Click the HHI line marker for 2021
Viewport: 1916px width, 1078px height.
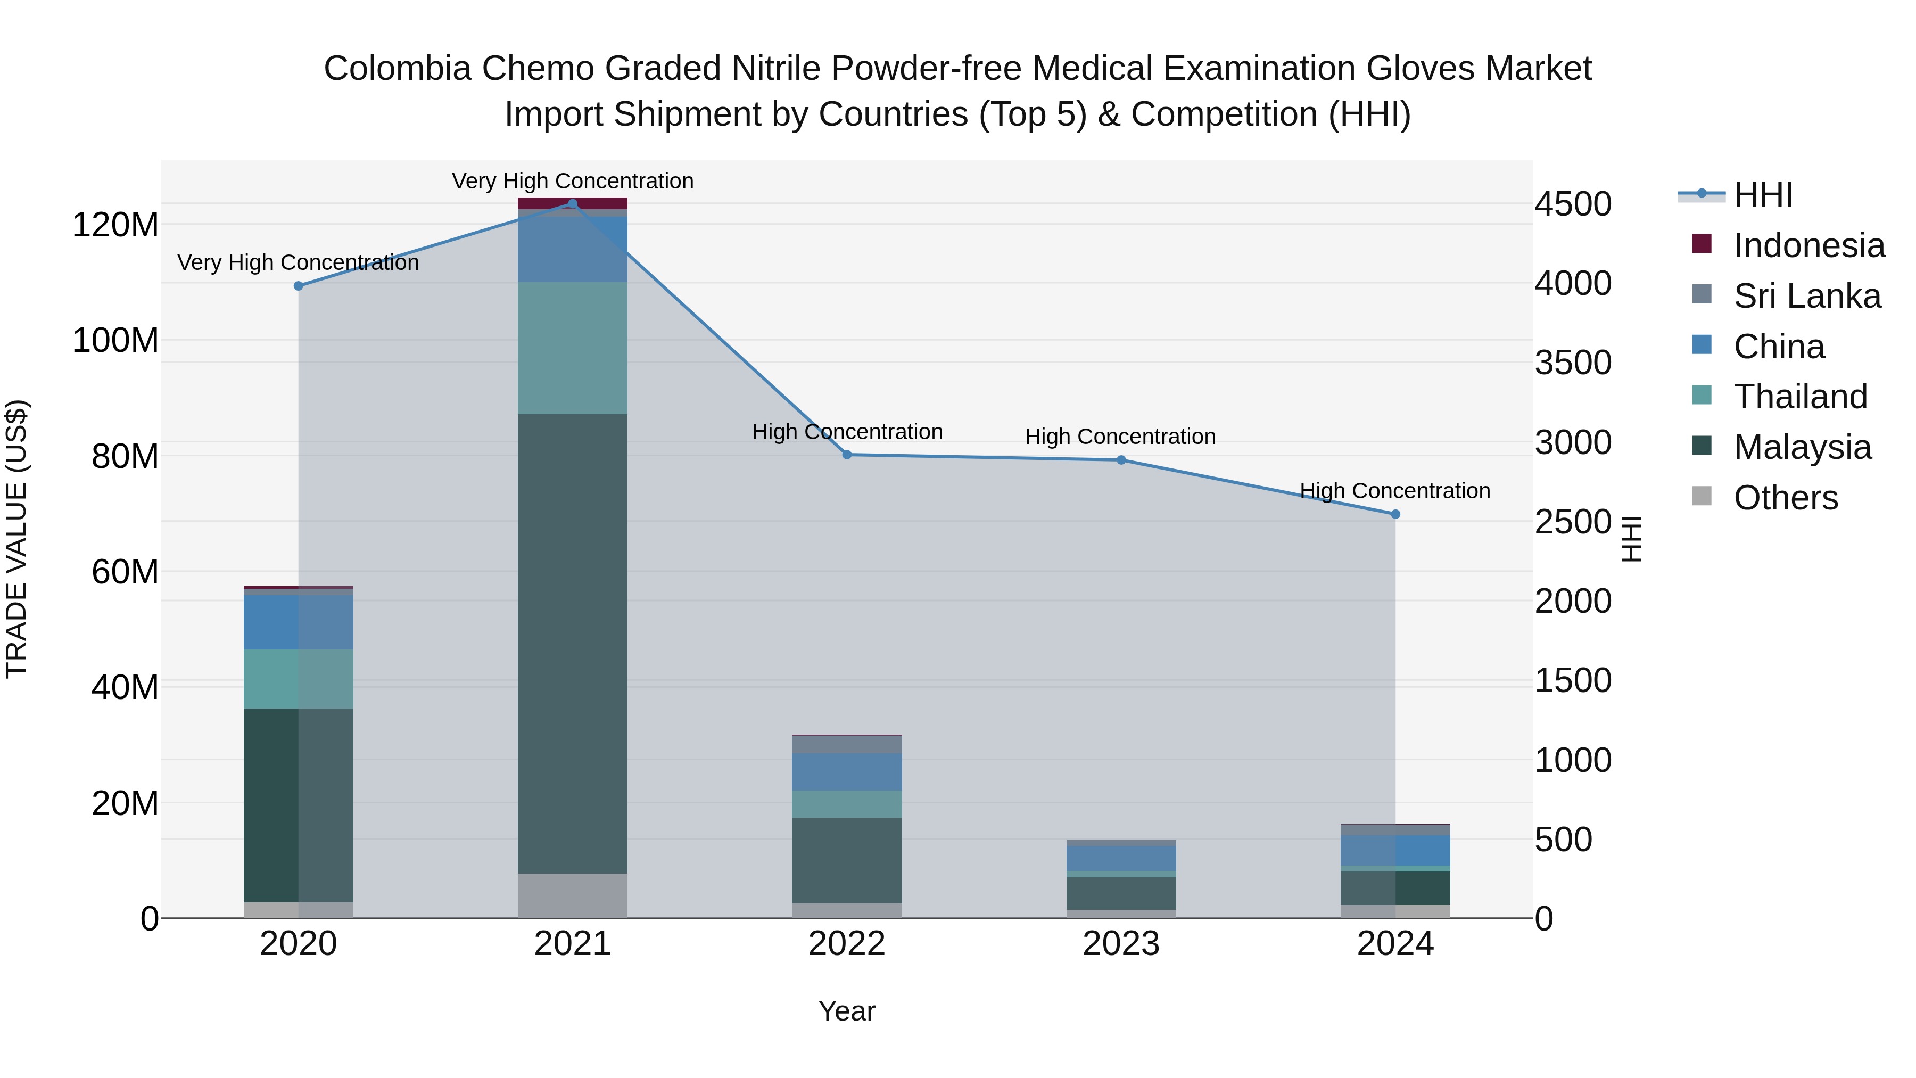pyautogui.click(x=572, y=204)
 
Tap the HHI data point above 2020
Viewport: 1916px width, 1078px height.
pyautogui.click(x=298, y=286)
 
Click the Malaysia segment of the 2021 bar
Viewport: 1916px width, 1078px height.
pyautogui.click(x=572, y=644)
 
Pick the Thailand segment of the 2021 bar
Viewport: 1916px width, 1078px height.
pyautogui.click(x=572, y=348)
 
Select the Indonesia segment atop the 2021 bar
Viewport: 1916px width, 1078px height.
pyautogui.click(x=572, y=203)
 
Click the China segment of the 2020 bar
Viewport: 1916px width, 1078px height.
pyautogui.click(x=298, y=622)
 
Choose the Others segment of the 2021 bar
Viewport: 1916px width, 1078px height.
pyautogui.click(x=572, y=896)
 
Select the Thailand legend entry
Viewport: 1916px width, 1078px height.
pyautogui.click(x=1799, y=397)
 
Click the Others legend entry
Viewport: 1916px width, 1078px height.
pyautogui.click(x=1785, y=498)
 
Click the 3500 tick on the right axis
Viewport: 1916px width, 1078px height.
pyautogui.click(x=1573, y=363)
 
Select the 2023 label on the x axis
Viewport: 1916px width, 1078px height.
pyautogui.click(x=1120, y=944)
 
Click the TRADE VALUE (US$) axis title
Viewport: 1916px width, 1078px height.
pyautogui.click(x=16, y=539)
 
